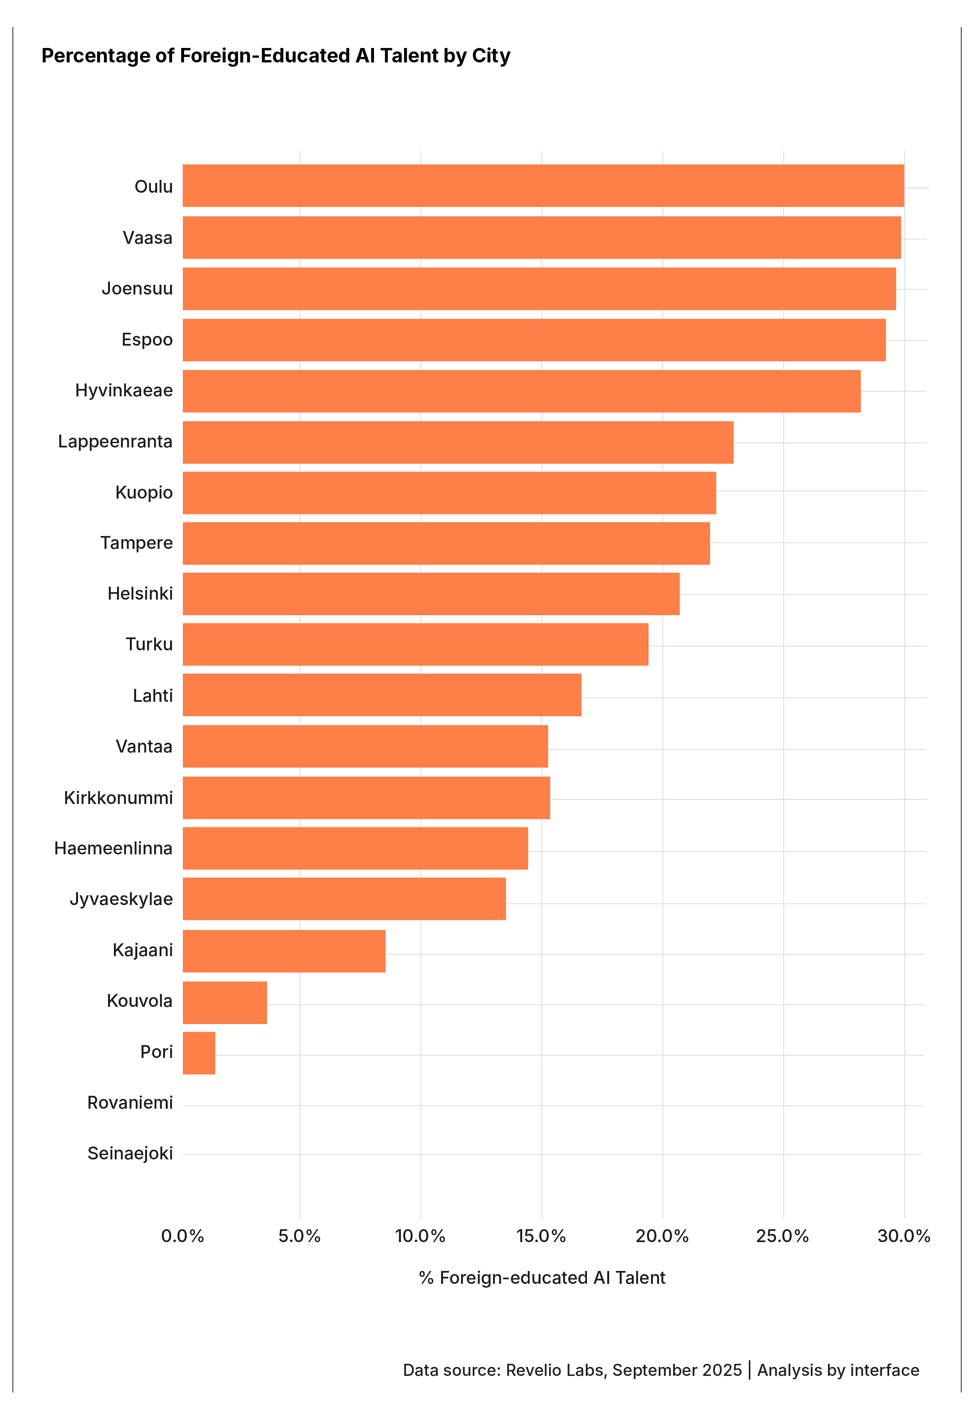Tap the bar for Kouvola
[224, 1002]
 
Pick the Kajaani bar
[284, 951]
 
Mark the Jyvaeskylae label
[121, 899]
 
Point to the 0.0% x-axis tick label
[182, 1236]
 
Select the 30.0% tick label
[904, 1236]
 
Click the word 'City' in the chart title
[491, 56]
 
